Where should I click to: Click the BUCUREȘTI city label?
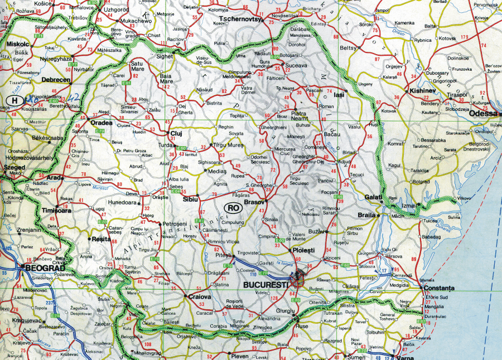point(266,284)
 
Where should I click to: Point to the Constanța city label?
point(440,288)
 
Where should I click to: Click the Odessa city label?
point(482,113)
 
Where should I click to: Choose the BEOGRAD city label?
point(42,267)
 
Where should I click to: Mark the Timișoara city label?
point(56,211)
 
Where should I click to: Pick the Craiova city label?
point(199,297)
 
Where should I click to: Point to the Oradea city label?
point(102,123)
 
